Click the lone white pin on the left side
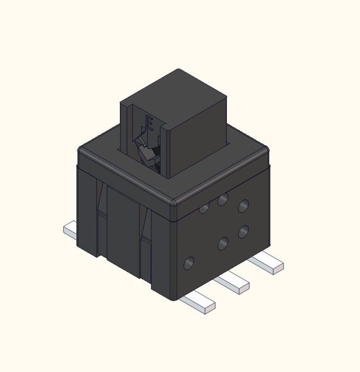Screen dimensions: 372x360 coord(70,230)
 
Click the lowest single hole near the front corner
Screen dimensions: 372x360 coord(188,263)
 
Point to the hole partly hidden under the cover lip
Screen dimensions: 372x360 coord(204,209)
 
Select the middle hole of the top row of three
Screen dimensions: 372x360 coord(223,200)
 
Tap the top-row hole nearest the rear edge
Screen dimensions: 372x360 coord(243,206)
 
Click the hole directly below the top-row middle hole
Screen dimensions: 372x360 coord(223,244)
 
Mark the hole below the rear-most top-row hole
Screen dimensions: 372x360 coord(243,232)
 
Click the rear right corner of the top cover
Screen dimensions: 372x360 coord(265,151)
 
